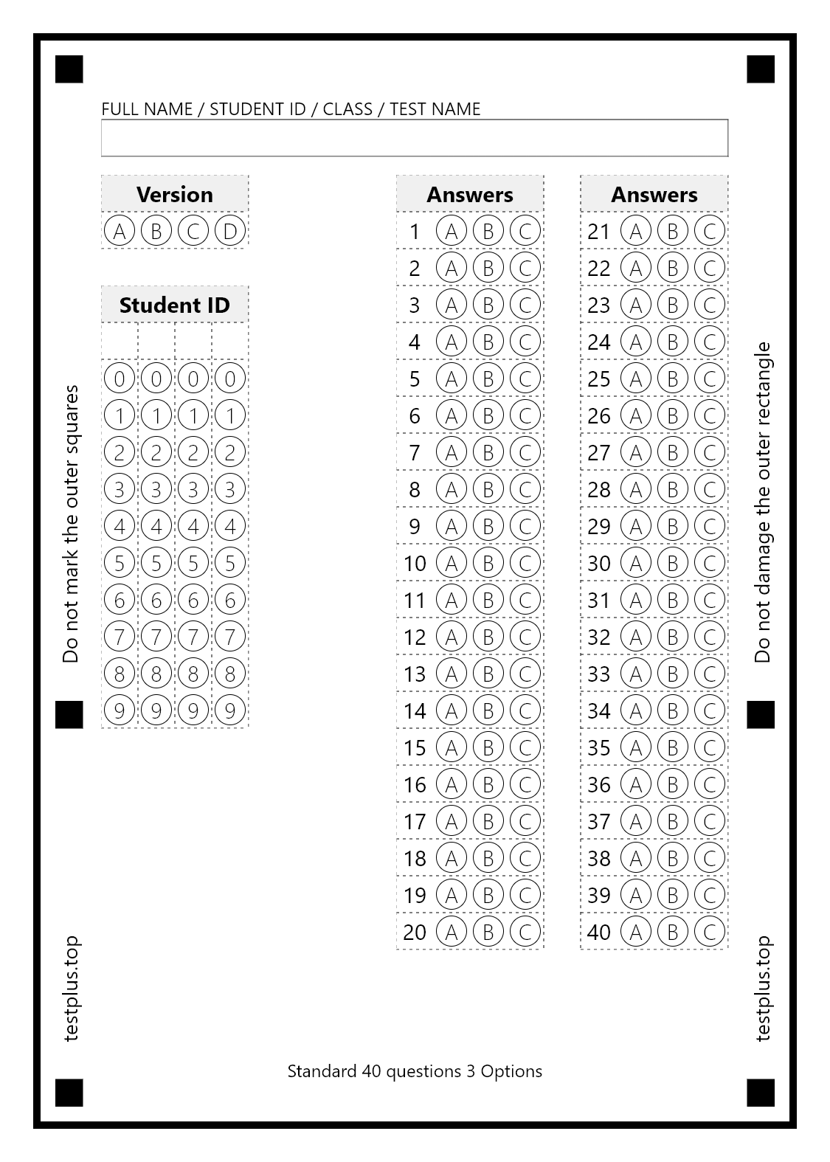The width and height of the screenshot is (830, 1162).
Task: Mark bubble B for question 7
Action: point(488,452)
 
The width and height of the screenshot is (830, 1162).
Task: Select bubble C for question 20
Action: point(525,932)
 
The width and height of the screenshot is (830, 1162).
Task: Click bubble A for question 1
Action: point(452,231)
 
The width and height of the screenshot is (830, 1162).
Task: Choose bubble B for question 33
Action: point(673,674)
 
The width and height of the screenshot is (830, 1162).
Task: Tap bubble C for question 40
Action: point(710,932)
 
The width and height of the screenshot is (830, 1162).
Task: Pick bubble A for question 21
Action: point(636,231)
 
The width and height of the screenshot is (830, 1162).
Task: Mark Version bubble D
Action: point(230,231)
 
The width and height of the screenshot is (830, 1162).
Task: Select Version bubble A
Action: point(120,231)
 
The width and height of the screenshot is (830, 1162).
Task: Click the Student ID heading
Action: point(175,305)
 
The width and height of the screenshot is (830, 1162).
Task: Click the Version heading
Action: point(175,194)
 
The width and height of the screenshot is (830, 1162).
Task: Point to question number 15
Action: point(415,747)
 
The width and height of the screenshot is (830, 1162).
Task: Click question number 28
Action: point(599,489)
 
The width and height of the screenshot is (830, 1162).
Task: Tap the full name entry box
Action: point(415,138)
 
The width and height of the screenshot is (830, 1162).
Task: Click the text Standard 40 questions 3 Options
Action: point(415,1071)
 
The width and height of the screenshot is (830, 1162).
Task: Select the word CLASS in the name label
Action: point(347,109)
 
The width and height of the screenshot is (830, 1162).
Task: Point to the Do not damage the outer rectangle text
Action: point(763,502)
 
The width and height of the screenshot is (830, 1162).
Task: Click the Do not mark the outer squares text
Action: point(71,524)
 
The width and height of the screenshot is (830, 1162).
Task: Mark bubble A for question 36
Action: point(636,784)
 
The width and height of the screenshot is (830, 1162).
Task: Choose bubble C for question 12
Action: point(525,637)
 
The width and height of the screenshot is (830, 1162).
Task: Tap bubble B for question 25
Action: point(673,378)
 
